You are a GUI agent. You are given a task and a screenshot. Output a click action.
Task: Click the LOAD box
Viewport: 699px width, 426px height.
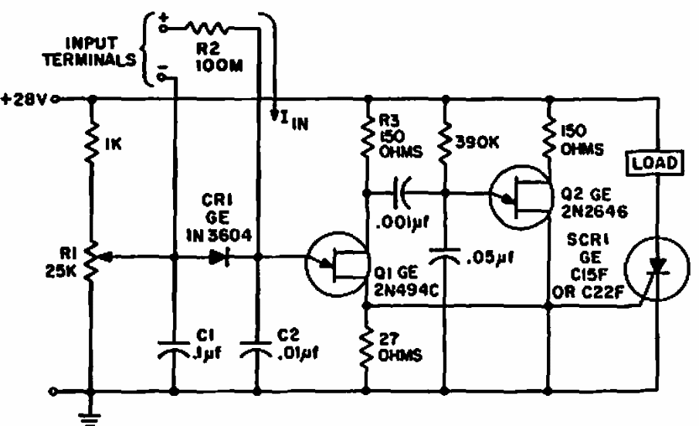(x=655, y=162)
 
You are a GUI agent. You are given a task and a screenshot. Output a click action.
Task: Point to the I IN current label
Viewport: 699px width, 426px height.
(x=290, y=120)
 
